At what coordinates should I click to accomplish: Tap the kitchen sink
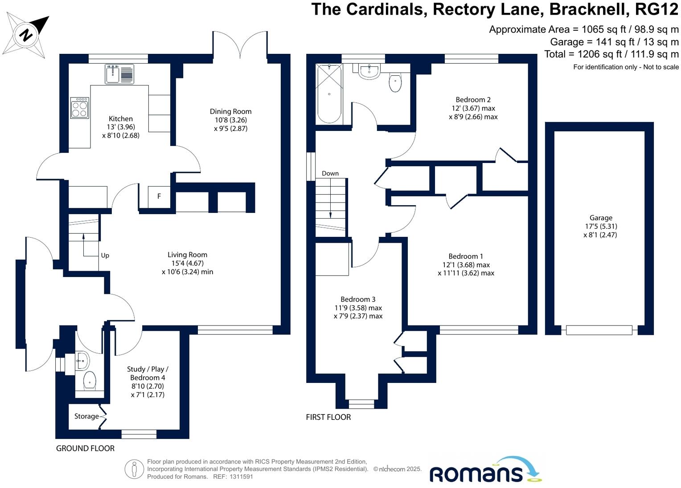[x=113, y=74]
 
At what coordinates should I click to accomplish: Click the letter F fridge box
[x=159, y=196]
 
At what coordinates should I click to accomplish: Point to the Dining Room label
[x=230, y=112]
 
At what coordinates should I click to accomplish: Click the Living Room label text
[x=187, y=255]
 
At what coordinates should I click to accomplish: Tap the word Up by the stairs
[x=105, y=256]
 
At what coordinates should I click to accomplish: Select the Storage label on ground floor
[x=86, y=416]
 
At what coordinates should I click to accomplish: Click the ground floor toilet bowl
[x=90, y=380]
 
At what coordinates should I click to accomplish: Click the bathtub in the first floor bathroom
[x=329, y=94]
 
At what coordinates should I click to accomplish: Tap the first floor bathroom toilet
[x=395, y=83]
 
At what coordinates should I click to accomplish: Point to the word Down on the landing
[x=330, y=174]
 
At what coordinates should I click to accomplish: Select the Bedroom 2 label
[x=473, y=100]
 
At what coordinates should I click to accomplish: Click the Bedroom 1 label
[x=466, y=256]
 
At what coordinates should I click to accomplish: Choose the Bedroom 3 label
[x=358, y=300]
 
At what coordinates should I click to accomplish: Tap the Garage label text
[x=601, y=218]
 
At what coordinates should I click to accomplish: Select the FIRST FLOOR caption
[x=328, y=417]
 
